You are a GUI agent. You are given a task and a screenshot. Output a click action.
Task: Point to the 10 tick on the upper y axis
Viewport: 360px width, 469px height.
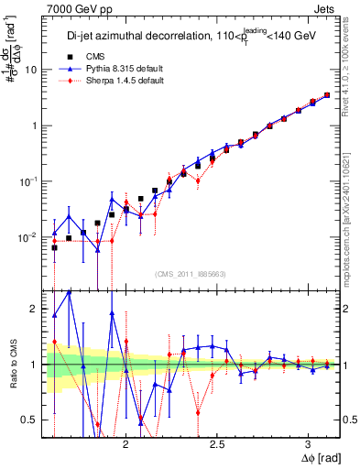(32, 70)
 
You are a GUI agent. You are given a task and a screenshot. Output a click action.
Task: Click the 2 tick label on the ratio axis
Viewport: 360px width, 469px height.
(36, 309)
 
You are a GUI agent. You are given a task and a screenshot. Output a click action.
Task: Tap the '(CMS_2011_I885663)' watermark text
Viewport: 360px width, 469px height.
(180, 272)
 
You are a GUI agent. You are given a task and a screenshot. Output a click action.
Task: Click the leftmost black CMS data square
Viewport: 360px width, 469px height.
(54, 247)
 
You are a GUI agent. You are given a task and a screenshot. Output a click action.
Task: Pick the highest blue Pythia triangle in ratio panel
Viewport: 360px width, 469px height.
(69, 291)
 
